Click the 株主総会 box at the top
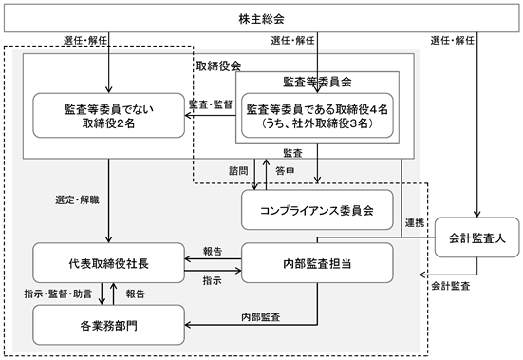261,18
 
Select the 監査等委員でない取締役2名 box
109,116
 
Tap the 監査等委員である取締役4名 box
317,116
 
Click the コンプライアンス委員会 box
317,210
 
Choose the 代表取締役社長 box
109,263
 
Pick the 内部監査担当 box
317,263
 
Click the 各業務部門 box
109,325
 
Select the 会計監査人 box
477,237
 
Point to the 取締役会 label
218,66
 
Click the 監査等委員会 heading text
317,82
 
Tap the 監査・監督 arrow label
211,104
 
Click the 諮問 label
238,171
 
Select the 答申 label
285,171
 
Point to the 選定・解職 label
78,199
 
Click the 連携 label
415,222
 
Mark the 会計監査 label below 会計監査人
451,286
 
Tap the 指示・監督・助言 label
58,294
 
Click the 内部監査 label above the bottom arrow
261,317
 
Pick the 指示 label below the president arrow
212,280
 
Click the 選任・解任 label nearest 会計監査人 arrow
453,41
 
